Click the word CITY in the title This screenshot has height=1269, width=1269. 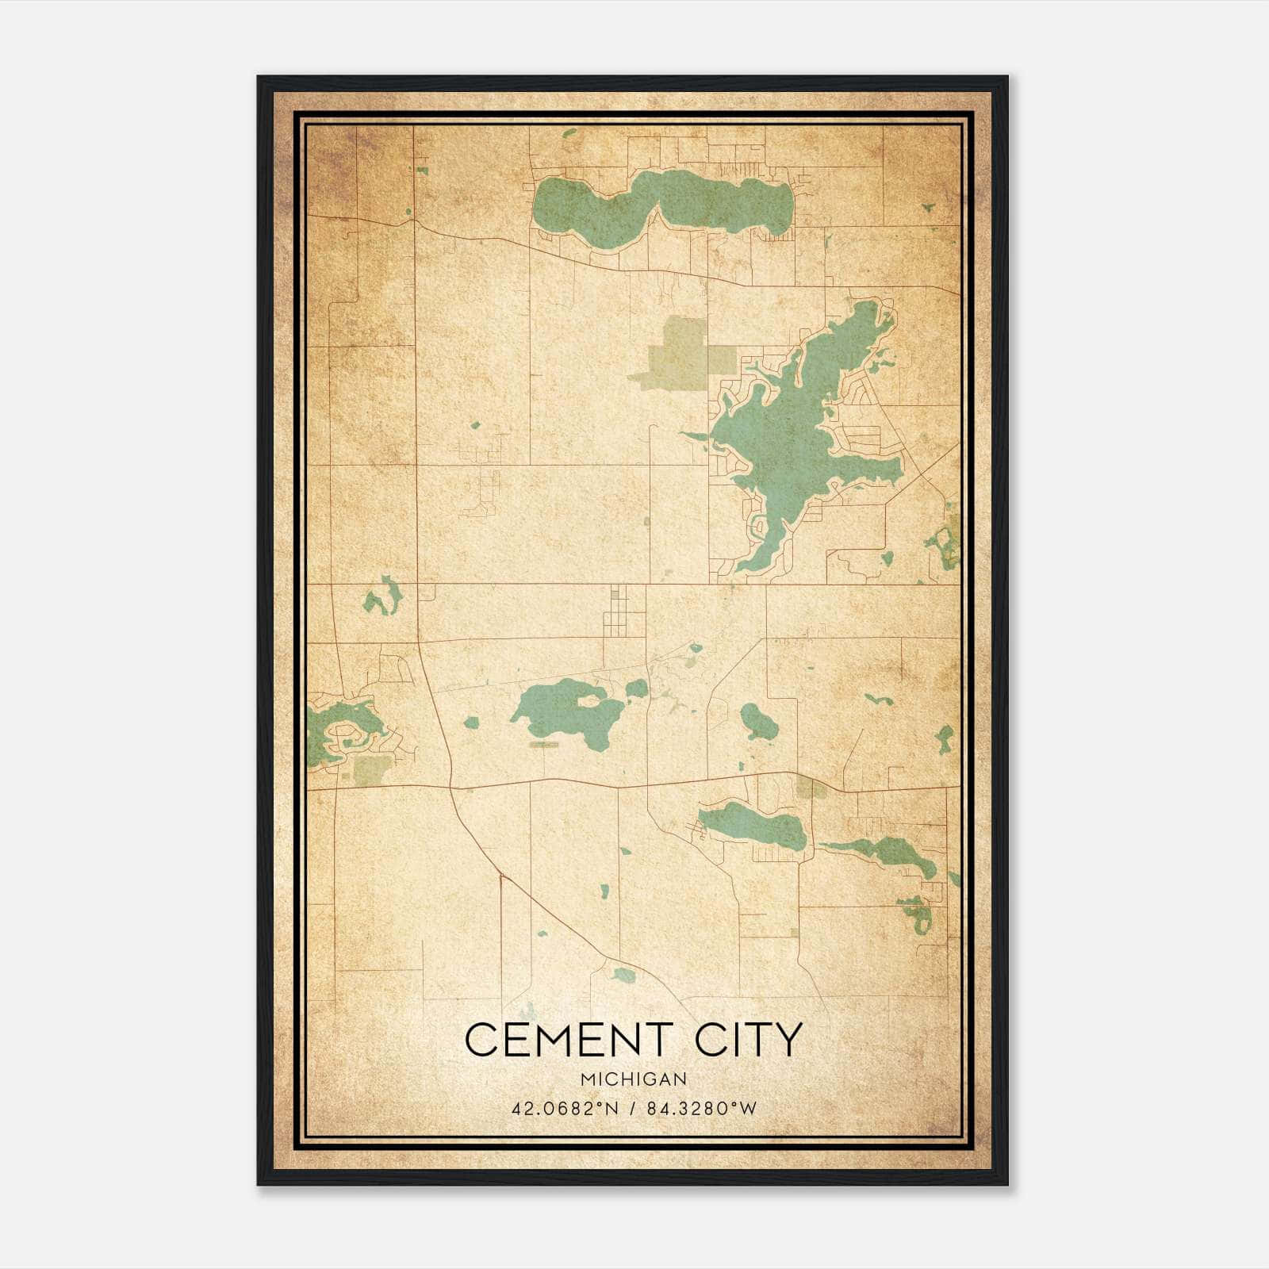pos(750,1041)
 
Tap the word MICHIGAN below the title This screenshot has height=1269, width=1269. pos(633,1079)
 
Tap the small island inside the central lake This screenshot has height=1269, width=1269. pos(591,700)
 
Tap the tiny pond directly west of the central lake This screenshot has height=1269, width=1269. pos(472,723)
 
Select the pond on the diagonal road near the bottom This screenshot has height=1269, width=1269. pos(624,974)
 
